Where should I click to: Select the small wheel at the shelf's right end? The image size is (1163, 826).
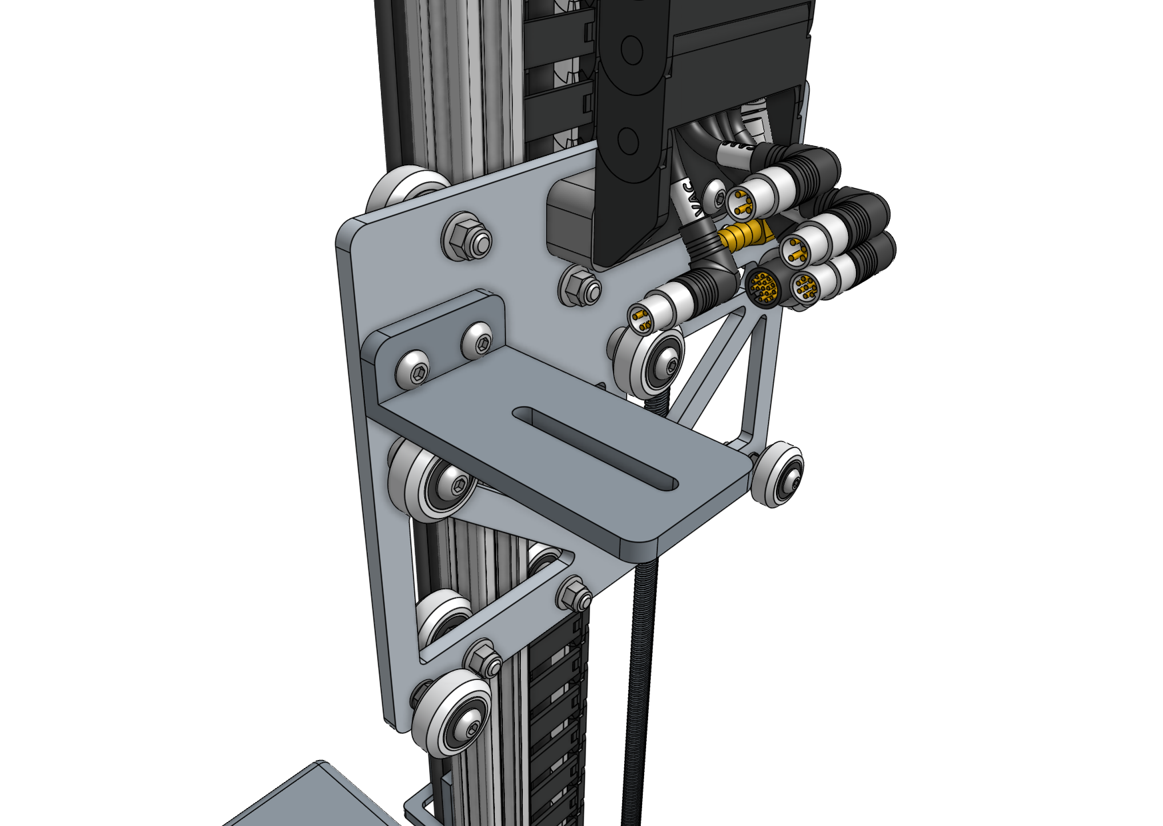click(779, 473)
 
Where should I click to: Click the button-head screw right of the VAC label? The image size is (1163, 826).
click(717, 197)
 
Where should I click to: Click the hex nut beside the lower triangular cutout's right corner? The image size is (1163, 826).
click(574, 594)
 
